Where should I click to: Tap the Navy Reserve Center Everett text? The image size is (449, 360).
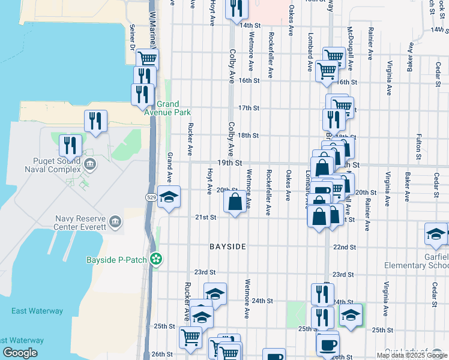point(80,223)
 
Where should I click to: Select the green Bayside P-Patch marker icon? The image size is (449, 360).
point(156,259)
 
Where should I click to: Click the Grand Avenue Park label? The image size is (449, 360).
point(173,108)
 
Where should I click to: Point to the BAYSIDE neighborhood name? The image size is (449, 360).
point(228,247)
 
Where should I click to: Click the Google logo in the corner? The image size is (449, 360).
point(20,353)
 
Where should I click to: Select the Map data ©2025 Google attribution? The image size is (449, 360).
point(412,355)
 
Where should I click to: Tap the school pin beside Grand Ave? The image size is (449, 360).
point(169,197)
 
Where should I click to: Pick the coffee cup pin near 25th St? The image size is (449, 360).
point(327,344)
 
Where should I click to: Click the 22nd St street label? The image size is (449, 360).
point(345,247)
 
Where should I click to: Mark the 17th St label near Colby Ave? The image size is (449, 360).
point(248,108)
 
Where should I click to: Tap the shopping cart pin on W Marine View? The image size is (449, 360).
point(146,59)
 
